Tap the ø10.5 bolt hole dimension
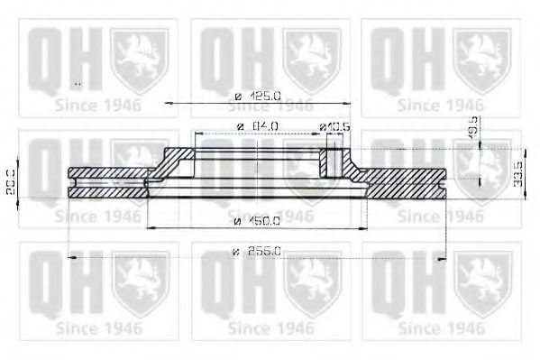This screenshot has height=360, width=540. tap(333, 125)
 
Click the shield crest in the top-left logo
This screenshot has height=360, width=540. tap(140, 57)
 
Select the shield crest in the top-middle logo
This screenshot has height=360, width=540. tap(311, 57)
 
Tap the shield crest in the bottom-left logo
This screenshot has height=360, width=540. tap(140, 282)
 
